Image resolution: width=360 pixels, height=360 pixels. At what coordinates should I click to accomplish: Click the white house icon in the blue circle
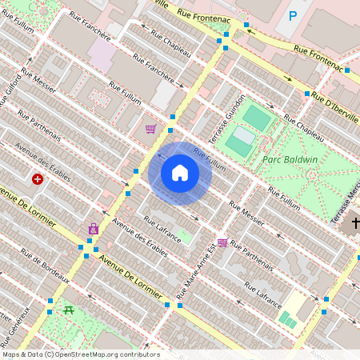point(180,173)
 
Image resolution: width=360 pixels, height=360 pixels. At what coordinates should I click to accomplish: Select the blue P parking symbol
point(293,15)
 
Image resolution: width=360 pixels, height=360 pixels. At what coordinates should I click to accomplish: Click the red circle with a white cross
point(38,179)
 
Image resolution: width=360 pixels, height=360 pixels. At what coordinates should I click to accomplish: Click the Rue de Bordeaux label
point(42,267)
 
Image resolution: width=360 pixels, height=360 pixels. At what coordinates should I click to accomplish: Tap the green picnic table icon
point(69,310)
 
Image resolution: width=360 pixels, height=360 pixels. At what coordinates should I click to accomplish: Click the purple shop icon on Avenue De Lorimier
point(94,229)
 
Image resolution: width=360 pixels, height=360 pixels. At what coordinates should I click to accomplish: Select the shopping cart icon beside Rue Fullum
point(150,129)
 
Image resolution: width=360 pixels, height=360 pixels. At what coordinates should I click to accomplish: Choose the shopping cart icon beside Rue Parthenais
point(222,242)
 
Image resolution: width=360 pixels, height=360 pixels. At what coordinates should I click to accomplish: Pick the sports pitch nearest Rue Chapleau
point(257,118)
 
